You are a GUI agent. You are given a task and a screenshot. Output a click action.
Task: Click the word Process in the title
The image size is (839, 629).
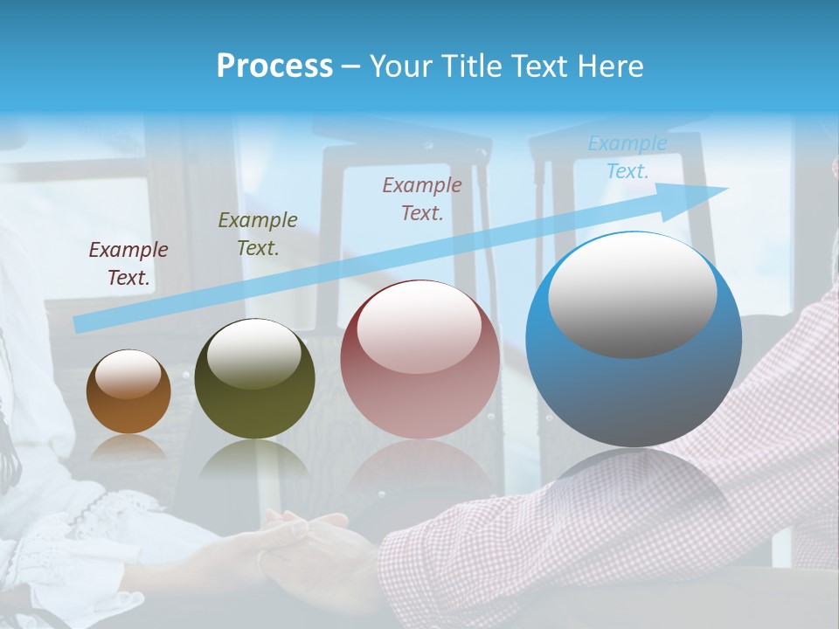pyautogui.click(x=274, y=66)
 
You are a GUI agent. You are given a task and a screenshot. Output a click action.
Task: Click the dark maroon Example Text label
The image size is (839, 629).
pyautogui.click(x=128, y=264)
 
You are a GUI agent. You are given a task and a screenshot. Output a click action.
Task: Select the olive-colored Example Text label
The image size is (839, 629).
pyautogui.click(x=258, y=234)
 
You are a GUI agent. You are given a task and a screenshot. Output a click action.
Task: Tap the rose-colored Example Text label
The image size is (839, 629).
pyautogui.click(x=422, y=198)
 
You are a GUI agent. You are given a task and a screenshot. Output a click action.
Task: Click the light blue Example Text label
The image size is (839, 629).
pyautogui.click(x=628, y=157)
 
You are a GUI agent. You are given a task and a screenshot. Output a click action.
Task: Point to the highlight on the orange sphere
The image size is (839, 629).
pyautogui.click(x=128, y=374)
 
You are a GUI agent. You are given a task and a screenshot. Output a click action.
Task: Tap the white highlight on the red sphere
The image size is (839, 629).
pyautogui.click(x=419, y=327)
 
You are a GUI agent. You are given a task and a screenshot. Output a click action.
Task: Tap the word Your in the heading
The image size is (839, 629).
pyautogui.click(x=398, y=66)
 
